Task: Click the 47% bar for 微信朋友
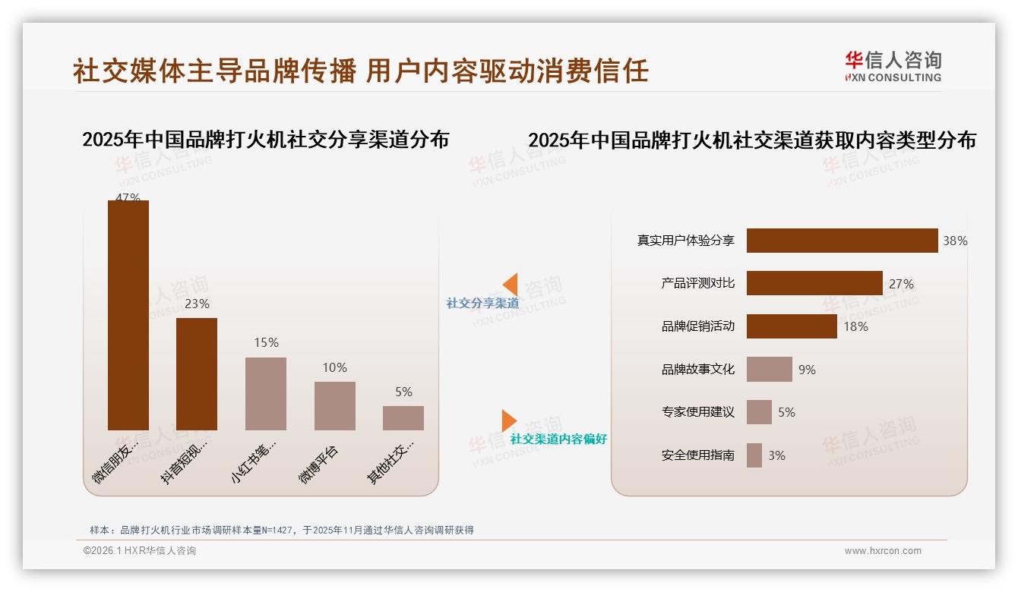click(128, 315)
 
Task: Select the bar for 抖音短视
click(197, 373)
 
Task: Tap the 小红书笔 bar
click(266, 393)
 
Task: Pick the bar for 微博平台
click(334, 405)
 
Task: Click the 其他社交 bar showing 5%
click(403, 417)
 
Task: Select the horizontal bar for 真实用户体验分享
click(842, 241)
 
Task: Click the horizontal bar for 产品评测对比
click(814, 283)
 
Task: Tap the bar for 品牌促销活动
click(792, 326)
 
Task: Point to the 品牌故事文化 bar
click(769, 369)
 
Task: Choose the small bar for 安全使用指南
click(754, 455)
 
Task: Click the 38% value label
click(955, 241)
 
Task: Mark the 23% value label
click(197, 304)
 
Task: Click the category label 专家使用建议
click(697, 412)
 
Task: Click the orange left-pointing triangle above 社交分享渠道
click(510, 284)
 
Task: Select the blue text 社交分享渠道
click(482, 303)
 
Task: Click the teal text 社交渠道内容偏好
click(558, 439)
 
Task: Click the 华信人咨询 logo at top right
click(893, 66)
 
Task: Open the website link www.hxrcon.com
click(882, 551)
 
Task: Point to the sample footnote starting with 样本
click(281, 530)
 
